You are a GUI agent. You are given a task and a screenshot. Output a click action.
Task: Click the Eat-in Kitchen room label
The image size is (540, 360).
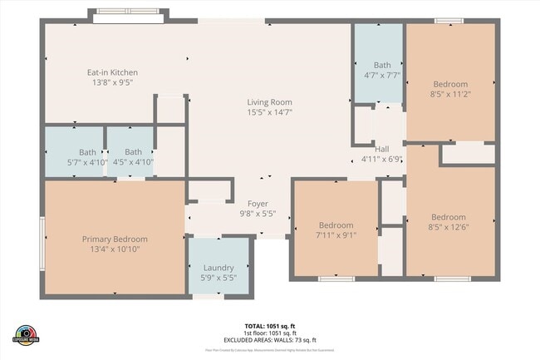pos(113,72)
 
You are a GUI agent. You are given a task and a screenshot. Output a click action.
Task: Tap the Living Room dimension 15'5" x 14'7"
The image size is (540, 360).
pos(269,112)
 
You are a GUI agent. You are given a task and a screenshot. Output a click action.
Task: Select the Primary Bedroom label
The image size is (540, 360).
pos(115,239)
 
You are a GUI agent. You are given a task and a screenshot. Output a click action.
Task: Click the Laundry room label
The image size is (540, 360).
pos(218,267)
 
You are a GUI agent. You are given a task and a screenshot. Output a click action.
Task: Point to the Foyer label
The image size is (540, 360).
pos(258,203)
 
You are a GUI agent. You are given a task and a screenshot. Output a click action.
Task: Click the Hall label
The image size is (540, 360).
pos(381,149)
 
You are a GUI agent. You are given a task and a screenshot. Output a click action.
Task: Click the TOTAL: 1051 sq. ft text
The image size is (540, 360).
pos(269,326)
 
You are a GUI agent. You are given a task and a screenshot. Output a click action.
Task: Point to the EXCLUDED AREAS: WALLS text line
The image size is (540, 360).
pos(269,340)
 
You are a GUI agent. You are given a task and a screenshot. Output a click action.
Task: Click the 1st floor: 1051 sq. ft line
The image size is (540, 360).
pos(269,333)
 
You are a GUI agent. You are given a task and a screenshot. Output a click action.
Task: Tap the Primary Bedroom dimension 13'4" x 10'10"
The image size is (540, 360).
pos(115,249)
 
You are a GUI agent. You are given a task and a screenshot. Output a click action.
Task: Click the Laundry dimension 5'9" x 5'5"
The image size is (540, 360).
pos(218,277)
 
